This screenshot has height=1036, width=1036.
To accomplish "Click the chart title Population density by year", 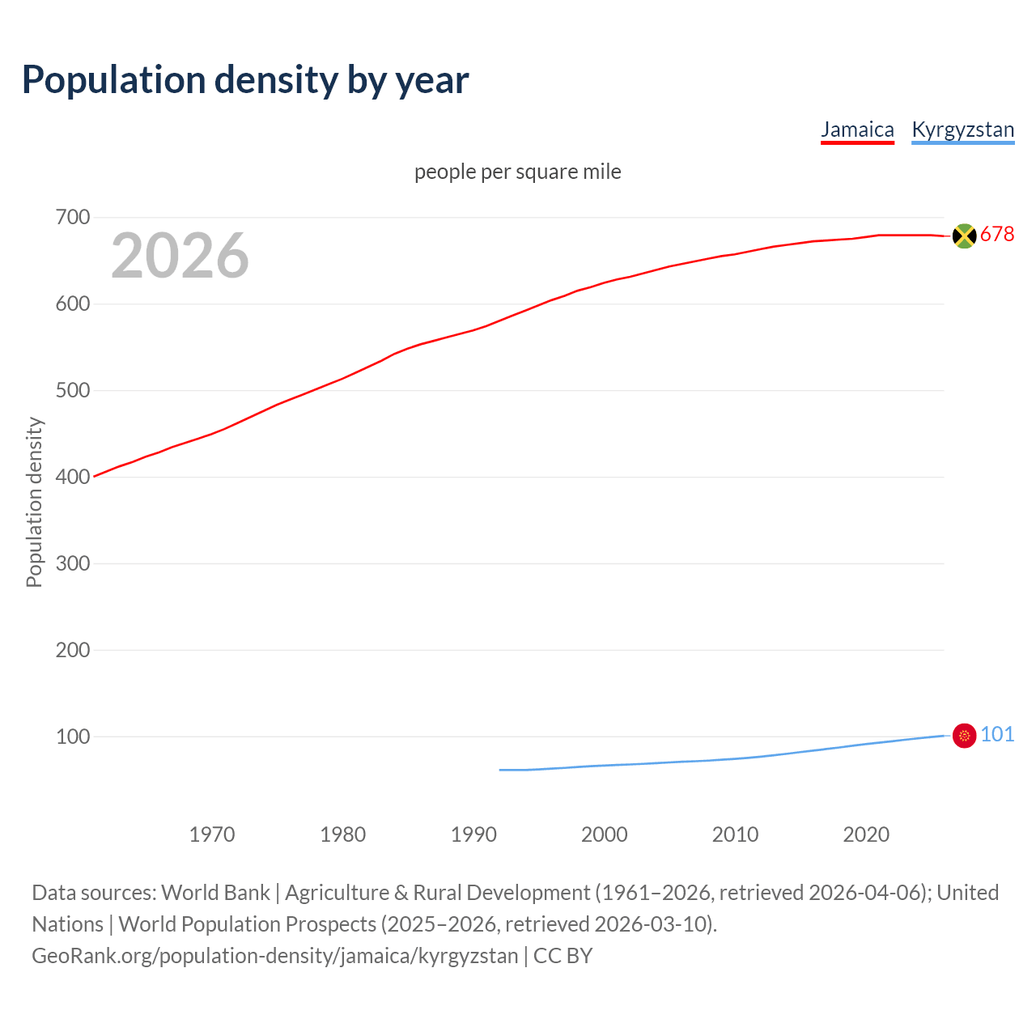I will pyautogui.click(x=245, y=79).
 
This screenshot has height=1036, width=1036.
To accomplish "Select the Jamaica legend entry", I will pyautogui.click(x=857, y=129).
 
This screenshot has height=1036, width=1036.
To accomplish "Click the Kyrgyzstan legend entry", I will pyautogui.click(x=962, y=129).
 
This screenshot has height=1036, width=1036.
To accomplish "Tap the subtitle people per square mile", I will pyautogui.click(x=518, y=172).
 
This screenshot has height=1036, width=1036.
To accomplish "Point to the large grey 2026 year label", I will pyautogui.click(x=180, y=256).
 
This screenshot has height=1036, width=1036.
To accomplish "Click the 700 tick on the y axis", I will pyautogui.click(x=73, y=217).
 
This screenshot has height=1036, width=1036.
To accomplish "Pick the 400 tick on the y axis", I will pyautogui.click(x=73, y=477).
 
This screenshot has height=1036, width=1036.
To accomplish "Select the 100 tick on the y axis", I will pyautogui.click(x=73, y=737).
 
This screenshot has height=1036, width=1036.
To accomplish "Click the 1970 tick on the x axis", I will pyautogui.click(x=212, y=834).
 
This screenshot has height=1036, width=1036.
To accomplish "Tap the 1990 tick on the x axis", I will pyautogui.click(x=473, y=834).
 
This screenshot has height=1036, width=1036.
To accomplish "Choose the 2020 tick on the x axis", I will pyautogui.click(x=866, y=834).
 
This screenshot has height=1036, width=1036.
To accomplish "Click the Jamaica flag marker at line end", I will pyautogui.click(x=964, y=236).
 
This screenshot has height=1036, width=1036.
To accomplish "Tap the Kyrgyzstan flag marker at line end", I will pyautogui.click(x=964, y=736).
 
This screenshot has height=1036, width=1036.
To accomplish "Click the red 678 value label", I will pyautogui.click(x=997, y=234).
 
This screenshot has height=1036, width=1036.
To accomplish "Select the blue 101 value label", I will pyautogui.click(x=997, y=734).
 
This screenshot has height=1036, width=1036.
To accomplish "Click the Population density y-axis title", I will pyautogui.click(x=34, y=502).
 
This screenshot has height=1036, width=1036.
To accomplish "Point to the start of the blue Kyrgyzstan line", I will pyautogui.click(x=500, y=770).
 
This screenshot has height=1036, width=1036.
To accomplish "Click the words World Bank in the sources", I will pyautogui.click(x=215, y=893).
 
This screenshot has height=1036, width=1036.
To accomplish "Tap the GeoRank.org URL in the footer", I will pyautogui.click(x=274, y=956).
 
